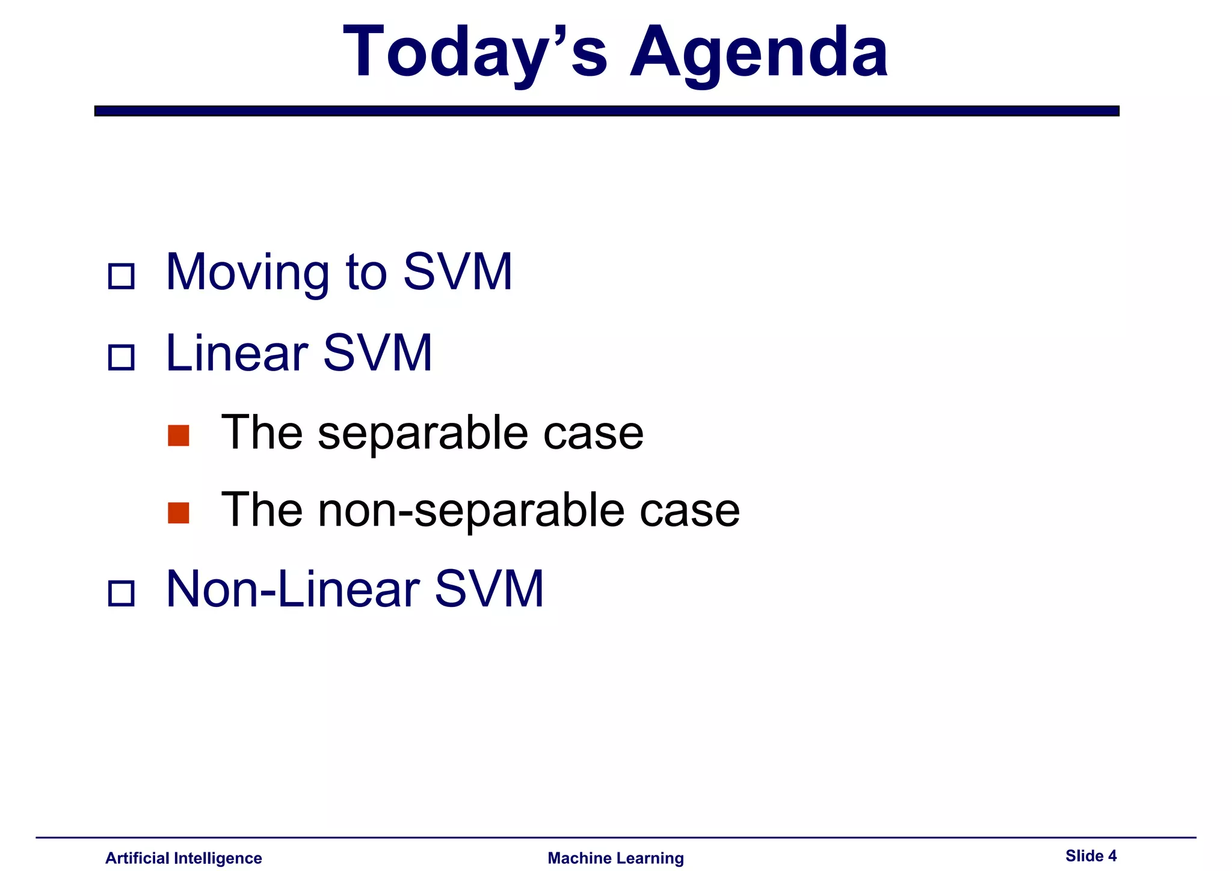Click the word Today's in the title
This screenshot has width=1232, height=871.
pos(475,53)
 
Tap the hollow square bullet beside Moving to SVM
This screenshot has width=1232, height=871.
pos(121,276)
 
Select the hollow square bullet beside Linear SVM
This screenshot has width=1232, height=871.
pos(121,357)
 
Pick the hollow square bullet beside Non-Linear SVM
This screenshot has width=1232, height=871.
pos(121,593)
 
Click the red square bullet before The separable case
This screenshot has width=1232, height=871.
pos(179,435)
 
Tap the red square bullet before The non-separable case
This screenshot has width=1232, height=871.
pos(179,512)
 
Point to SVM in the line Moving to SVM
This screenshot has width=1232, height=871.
pos(457,272)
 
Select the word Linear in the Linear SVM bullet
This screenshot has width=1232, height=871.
pos(236,353)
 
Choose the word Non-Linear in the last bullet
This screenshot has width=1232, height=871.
pos(292,589)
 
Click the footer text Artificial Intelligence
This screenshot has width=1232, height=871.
pos(183,858)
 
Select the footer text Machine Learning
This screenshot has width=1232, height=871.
pos(615,858)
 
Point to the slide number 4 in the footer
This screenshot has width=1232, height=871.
pos(1112,855)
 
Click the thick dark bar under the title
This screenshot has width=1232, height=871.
pos(606,111)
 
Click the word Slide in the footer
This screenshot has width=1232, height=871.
pos(1084,855)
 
